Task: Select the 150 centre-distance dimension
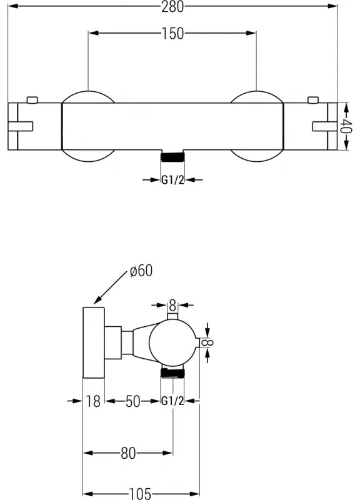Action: click(x=173, y=34)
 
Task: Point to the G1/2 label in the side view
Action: click(x=173, y=401)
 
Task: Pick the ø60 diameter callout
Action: click(x=141, y=271)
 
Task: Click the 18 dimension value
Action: click(x=93, y=401)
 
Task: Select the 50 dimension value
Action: click(x=133, y=401)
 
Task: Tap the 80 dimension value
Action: click(x=128, y=453)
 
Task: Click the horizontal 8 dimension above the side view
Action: click(x=173, y=305)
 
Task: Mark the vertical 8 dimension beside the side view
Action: click(x=210, y=342)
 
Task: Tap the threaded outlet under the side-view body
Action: click(x=173, y=373)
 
